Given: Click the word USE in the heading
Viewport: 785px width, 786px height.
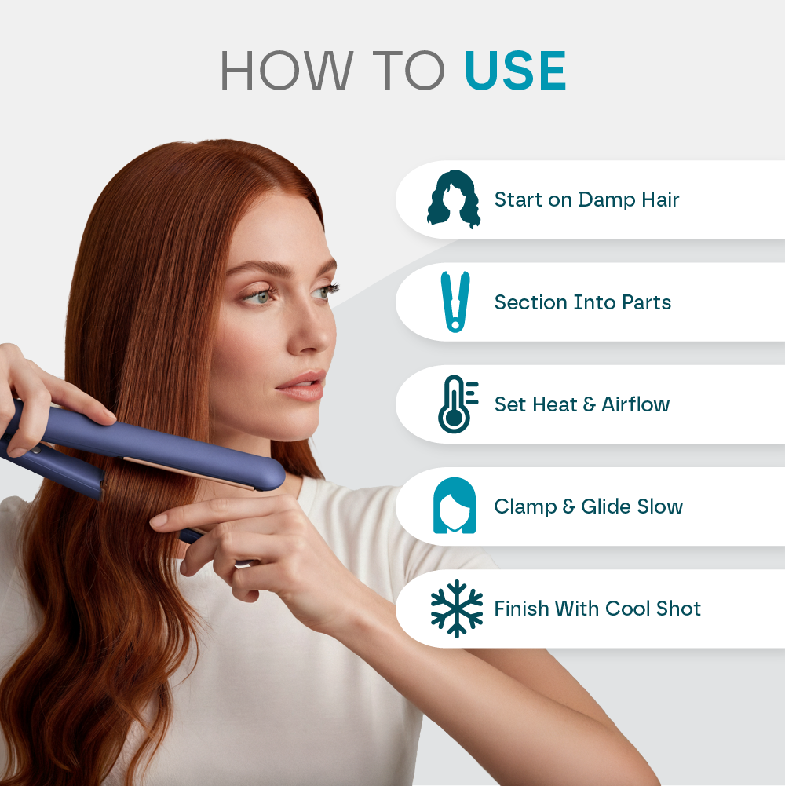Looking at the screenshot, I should tap(515, 71).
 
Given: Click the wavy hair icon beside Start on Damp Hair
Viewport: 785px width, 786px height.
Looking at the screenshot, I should tap(454, 199).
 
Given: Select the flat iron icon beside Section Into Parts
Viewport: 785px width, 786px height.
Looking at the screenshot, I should tap(455, 302).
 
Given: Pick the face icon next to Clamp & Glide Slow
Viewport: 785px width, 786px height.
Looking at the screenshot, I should tap(455, 506).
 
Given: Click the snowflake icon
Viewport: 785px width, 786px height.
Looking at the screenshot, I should tap(456, 609).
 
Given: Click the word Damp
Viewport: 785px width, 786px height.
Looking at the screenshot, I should tap(605, 200).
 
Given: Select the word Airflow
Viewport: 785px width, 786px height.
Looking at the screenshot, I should tap(635, 404).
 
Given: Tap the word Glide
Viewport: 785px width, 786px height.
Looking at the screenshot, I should tap(608, 506).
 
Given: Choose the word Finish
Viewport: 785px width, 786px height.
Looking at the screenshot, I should tap(521, 609).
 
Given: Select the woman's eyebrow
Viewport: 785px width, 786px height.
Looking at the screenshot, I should tap(259, 269).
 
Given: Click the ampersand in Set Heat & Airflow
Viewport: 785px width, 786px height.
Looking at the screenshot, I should tap(584, 405).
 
